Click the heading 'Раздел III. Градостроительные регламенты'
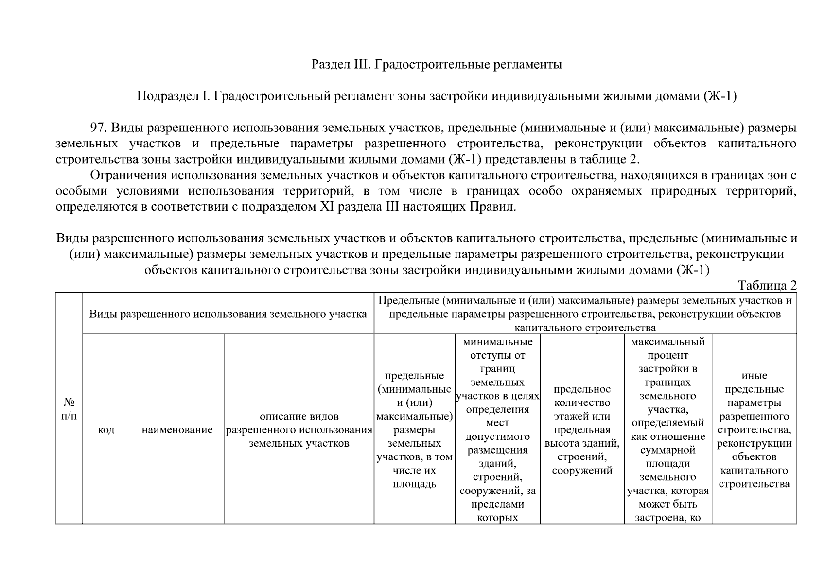[437, 64]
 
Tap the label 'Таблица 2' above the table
[767, 285]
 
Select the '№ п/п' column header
[69, 409]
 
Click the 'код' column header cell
[106, 430]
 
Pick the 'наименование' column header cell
[177, 430]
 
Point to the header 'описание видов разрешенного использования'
[299, 430]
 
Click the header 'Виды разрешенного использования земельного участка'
[228, 314]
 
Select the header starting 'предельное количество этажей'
[582, 430]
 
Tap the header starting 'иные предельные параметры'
[754, 430]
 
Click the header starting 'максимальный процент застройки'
[668, 430]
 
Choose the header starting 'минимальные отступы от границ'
[497, 430]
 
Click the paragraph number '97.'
[99, 128]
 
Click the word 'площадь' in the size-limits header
[414, 484]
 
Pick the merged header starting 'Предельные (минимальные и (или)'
[585, 314]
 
